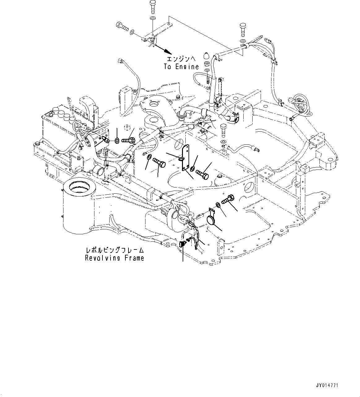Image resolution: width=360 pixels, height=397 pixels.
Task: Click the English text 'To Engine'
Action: tap(181, 66)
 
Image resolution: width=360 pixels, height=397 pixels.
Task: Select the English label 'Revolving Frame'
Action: tap(115, 258)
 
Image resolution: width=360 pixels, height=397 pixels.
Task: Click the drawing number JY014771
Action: tap(327, 386)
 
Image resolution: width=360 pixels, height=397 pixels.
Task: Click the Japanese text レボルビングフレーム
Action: tap(115, 250)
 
